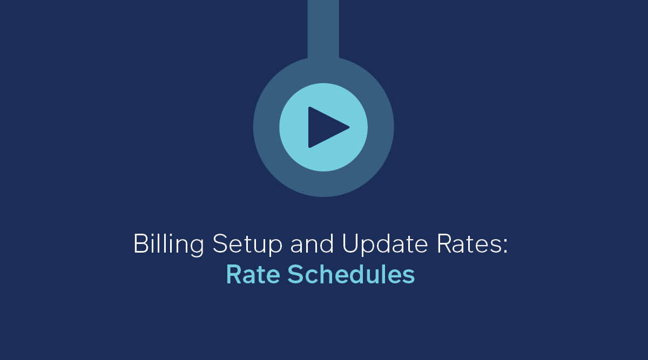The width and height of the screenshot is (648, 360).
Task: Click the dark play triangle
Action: coord(327,127)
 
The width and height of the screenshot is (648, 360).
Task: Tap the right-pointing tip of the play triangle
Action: coord(349,127)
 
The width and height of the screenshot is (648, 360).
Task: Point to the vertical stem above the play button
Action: coord(323,29)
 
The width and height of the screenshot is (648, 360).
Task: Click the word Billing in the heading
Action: coord(168,244)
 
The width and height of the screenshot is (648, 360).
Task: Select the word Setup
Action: coord(247,244)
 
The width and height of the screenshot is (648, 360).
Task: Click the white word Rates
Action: coord(469,244)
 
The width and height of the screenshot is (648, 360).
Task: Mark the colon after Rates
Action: coord(505,246)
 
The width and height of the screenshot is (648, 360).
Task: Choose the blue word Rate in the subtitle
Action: coord(253,274)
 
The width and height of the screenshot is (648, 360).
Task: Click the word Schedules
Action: coord(351,274)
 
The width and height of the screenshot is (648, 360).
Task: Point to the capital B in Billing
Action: coord(141,244)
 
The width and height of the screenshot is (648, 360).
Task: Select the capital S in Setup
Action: coord(220,244)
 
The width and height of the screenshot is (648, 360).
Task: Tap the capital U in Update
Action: coord(350,244)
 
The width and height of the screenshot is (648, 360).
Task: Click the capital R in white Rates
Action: coord(444,244)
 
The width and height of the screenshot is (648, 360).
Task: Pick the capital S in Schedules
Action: coord(295,274)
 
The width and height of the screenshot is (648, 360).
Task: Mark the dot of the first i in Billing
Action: coord(153,235)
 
